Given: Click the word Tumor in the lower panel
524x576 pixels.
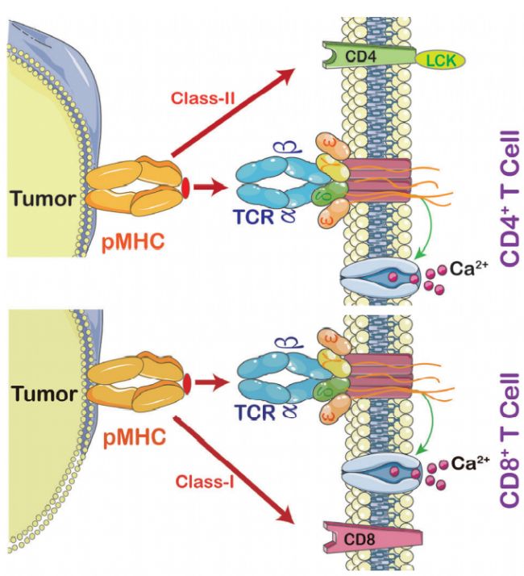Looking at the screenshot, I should click(x=43, y=394).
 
